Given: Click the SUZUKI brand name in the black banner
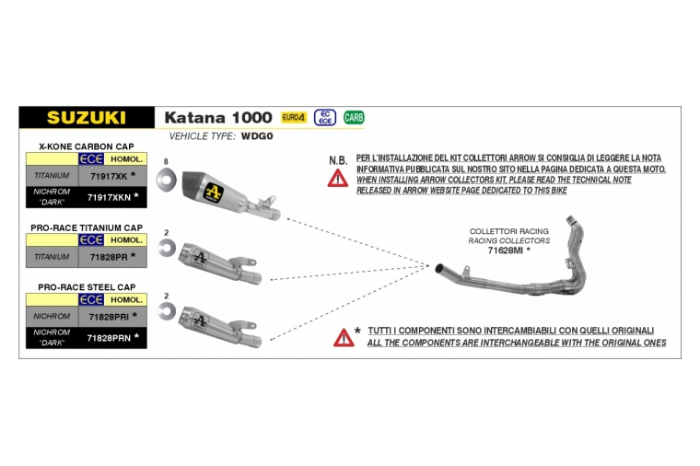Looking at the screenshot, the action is tap(87, 117).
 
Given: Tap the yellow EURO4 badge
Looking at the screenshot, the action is tap(294, 117).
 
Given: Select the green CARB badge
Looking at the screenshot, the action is tap(354, 117).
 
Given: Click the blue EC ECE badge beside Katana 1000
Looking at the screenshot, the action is tap(325, 117).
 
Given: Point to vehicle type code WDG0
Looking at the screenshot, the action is tap(257, 136).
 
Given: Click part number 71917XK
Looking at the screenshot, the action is tap(109, 176).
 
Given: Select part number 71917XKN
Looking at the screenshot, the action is tap(109, 197).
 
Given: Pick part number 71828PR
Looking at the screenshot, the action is tap(109, 257).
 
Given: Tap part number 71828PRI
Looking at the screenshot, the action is tap(109, 317).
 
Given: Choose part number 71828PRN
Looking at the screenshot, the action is tap(109, 338).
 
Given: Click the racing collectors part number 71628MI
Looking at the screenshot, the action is tap(505, 250).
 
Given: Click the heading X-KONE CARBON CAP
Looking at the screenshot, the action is tap(87, 146).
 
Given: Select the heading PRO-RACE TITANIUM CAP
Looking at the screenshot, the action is tap(87, 227).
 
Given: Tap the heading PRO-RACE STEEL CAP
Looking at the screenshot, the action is tap(87, 287).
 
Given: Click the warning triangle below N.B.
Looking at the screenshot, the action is tap(337, 179).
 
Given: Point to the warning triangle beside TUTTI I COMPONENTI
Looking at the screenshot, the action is tap(344, 338).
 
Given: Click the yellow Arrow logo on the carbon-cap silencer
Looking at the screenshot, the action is tap(214, 192).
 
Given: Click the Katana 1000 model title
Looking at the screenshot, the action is tap(218, 117).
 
